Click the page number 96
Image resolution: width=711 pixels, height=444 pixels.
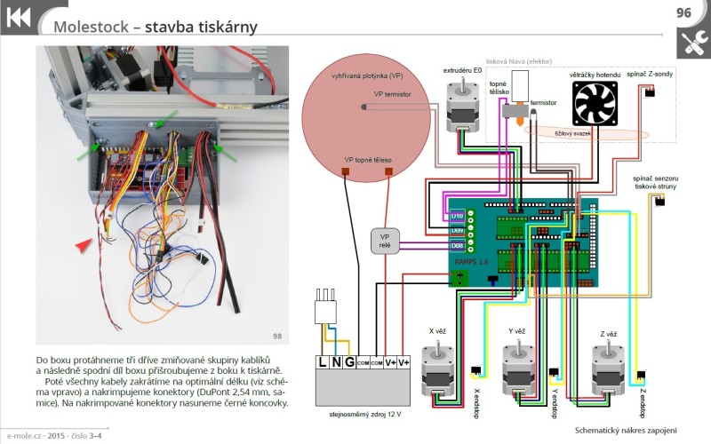click(x=683, y=12)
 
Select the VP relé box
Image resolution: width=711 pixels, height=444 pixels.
click(x=385, y=242)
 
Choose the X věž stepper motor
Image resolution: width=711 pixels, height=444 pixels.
click(x=437, y=367)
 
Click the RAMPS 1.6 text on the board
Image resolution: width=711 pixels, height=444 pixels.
click(x=471, y=263)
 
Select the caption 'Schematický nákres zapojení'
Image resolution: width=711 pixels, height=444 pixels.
click(x=627, y=430)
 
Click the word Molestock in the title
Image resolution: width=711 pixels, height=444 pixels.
click(x=89, y=27)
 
